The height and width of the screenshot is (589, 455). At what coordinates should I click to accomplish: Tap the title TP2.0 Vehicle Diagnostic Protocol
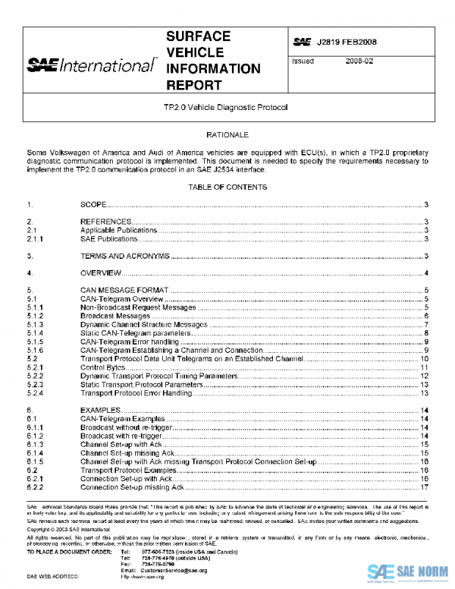point(227,108)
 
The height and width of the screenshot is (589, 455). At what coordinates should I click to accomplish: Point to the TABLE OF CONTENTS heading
point(227,187)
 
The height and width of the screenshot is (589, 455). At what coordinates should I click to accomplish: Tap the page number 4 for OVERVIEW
point(428,273)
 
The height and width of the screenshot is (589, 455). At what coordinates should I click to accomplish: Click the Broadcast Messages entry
point(110,316)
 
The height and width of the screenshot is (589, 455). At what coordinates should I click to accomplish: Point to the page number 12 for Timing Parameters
point(425,376)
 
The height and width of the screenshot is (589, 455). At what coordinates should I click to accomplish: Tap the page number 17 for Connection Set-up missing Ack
point(425,487)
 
